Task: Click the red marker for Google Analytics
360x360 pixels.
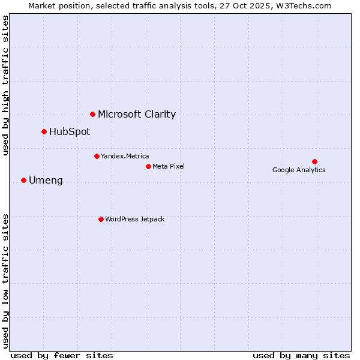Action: (314, 161)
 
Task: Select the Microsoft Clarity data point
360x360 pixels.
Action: (92, 114)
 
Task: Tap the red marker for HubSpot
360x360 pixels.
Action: (44, 131)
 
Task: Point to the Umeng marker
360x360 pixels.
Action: (23, 180)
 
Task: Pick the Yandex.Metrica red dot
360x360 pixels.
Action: (97, 156)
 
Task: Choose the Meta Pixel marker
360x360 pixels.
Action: (148, 166)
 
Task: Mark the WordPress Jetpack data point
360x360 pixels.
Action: (101, 219)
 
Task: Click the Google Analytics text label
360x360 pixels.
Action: (299, 170)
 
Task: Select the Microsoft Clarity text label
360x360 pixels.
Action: (137, 114)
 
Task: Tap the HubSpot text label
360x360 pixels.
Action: (70, 131)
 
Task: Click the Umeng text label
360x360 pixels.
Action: (46, 180)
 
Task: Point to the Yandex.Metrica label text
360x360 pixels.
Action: (125, 156)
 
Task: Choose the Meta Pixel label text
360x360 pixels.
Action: (169, 166)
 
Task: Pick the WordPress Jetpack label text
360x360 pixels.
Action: (134, 219)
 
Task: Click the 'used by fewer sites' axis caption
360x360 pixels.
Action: (62, 355)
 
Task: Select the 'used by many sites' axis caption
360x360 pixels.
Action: (301, 355)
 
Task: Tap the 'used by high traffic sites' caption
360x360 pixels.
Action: (5, 85)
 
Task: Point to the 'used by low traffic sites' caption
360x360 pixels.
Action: (5, 280)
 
